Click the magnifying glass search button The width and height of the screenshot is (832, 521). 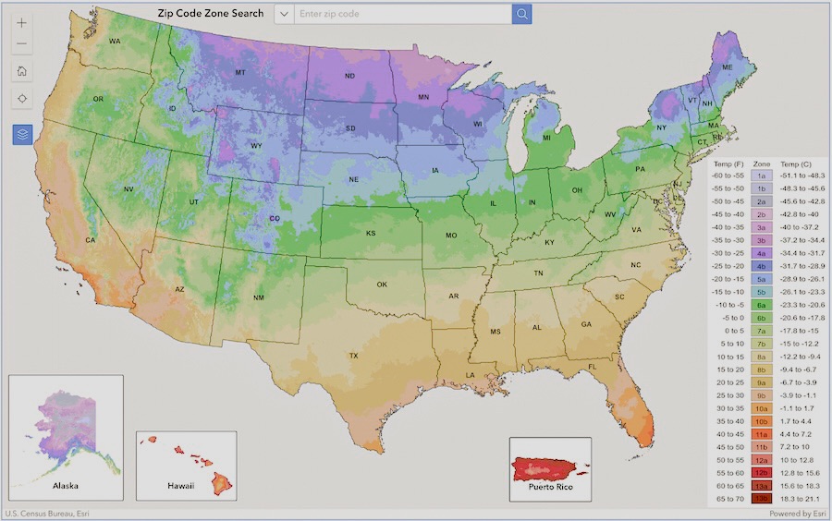521,14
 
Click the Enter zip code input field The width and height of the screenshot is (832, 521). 402,14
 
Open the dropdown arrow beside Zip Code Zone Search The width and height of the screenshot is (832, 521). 284,14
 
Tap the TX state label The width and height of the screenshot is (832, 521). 353,356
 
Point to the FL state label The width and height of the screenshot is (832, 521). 593,367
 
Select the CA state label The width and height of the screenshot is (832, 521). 91,240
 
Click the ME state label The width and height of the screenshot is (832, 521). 727,67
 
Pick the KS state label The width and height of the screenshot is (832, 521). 371,234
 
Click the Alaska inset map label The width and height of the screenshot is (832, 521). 65,484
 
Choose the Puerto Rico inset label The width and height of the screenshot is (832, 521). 550,485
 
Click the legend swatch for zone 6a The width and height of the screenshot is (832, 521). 761,304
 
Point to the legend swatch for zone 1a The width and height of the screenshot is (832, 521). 761,175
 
